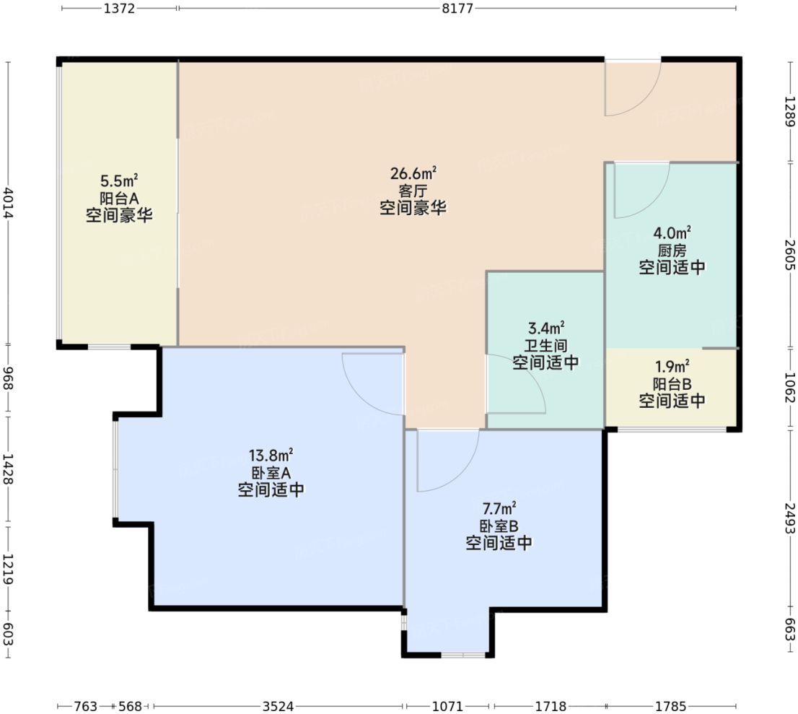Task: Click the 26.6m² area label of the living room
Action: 413,174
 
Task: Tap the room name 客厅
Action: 413,191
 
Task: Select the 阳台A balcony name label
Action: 119,198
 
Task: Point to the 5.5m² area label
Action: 119,180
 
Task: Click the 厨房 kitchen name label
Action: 672,251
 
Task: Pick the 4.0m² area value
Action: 672,233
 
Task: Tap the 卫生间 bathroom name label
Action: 545,345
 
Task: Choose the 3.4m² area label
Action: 545,328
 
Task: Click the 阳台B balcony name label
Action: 672,383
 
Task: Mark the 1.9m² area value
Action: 672,365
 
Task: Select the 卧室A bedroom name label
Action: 271,473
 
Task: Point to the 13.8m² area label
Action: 271,456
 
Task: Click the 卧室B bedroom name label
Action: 499,526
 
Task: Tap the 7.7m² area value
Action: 499,508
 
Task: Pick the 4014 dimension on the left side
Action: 8,203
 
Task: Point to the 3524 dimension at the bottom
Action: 278,706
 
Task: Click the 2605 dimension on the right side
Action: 789,255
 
